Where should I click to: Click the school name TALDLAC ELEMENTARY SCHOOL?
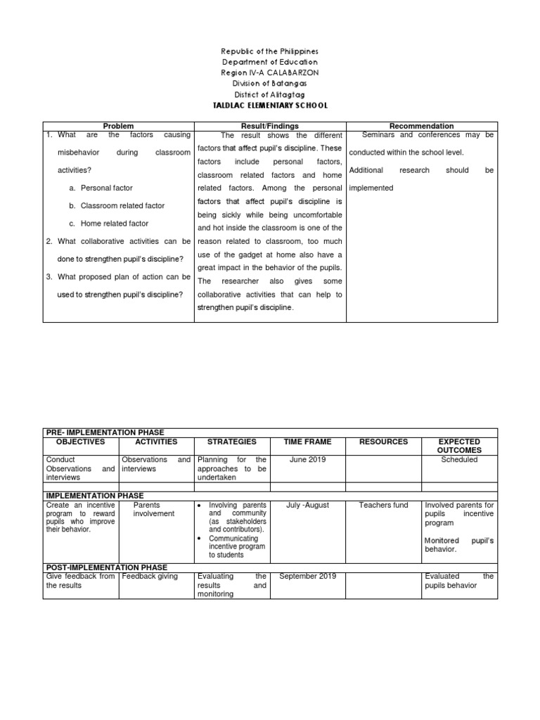point(270,105)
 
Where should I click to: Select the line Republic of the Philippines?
point(270,51)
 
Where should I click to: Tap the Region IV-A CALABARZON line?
point(270,72)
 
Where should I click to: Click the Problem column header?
point(118,126)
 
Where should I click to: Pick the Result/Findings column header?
point(270,126)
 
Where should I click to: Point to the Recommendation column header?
point(421,126)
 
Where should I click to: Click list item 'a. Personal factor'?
point(106,188)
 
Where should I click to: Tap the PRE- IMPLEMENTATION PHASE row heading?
point(105,432)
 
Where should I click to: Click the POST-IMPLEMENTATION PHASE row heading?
point(107,567)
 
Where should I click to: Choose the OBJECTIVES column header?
point(81,442)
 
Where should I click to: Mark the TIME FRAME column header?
point(307,442)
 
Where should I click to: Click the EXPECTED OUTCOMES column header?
point(459,446)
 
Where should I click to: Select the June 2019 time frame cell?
point(307,460)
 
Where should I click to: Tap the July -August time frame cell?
point(307,505)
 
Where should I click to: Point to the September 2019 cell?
point(307,577)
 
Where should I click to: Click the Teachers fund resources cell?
point(383,505)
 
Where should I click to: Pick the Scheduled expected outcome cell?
point(459,460)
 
